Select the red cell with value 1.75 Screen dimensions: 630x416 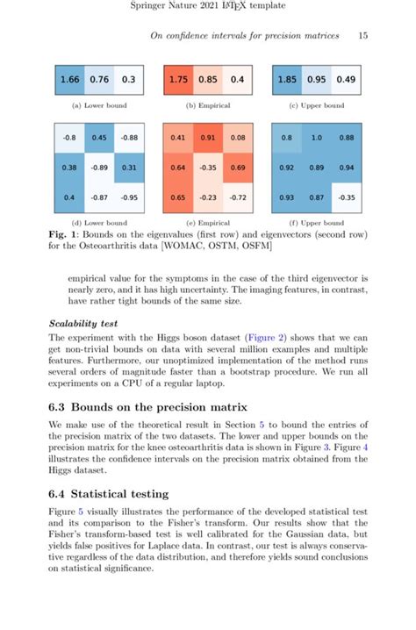pyautogui.click(x=180, y=81)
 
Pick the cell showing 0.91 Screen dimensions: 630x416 pyautogui.click(x=208, y=137)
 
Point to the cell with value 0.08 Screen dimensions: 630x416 pyautogui.click(x=236, y=137)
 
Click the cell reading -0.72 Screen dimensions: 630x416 pyautogui.click(x=236, y=197)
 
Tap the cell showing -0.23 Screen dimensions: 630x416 pyautogui.click(x=208, y=197)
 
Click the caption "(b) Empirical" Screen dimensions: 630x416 pyautogui.click(x=208, y=105)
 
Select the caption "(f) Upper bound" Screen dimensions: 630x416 pyautogui.click(x=317, y=222)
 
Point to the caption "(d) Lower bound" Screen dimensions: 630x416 pyautogui.click(x=99, y=222)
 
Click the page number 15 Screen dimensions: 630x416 pyautogui.click(x=362, y=36)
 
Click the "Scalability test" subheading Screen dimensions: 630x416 pyautogui.click(x=83, y=323)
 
